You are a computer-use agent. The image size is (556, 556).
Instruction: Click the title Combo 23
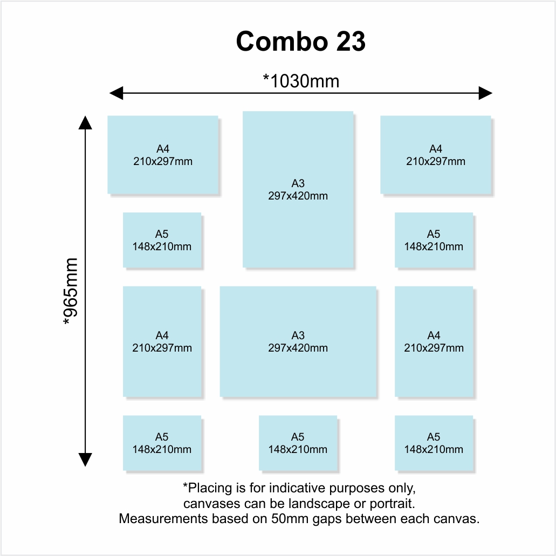[300, 41]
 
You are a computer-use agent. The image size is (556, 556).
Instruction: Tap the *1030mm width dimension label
[301, 81]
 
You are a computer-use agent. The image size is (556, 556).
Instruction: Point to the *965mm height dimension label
[70, 291]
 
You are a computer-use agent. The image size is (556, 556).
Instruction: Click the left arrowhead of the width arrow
[116, 93]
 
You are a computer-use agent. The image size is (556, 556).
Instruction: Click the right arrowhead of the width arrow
[485, 93]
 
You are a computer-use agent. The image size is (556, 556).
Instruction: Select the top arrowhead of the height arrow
[85, 122]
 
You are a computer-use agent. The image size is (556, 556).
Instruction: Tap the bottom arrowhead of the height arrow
[85, 459]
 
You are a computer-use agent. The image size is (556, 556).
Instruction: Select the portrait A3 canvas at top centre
[298, 189]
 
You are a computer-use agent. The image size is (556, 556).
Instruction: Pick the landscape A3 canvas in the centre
[298, 341]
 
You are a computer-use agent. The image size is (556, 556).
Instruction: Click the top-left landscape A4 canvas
[163, 155]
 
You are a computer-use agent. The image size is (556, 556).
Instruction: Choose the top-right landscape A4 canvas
[436, 155]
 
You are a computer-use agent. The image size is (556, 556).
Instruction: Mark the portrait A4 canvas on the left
[162, 341]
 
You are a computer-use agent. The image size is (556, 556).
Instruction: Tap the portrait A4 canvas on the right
[434, 341]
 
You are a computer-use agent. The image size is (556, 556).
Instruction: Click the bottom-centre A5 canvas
[298, 443]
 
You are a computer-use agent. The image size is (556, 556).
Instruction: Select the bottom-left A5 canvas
[162, 443]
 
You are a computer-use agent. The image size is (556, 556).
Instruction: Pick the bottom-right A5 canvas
[434, 443]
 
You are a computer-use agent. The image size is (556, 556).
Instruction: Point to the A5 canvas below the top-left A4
[162, 240]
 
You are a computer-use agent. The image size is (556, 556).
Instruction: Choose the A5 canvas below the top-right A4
[434, 240]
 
